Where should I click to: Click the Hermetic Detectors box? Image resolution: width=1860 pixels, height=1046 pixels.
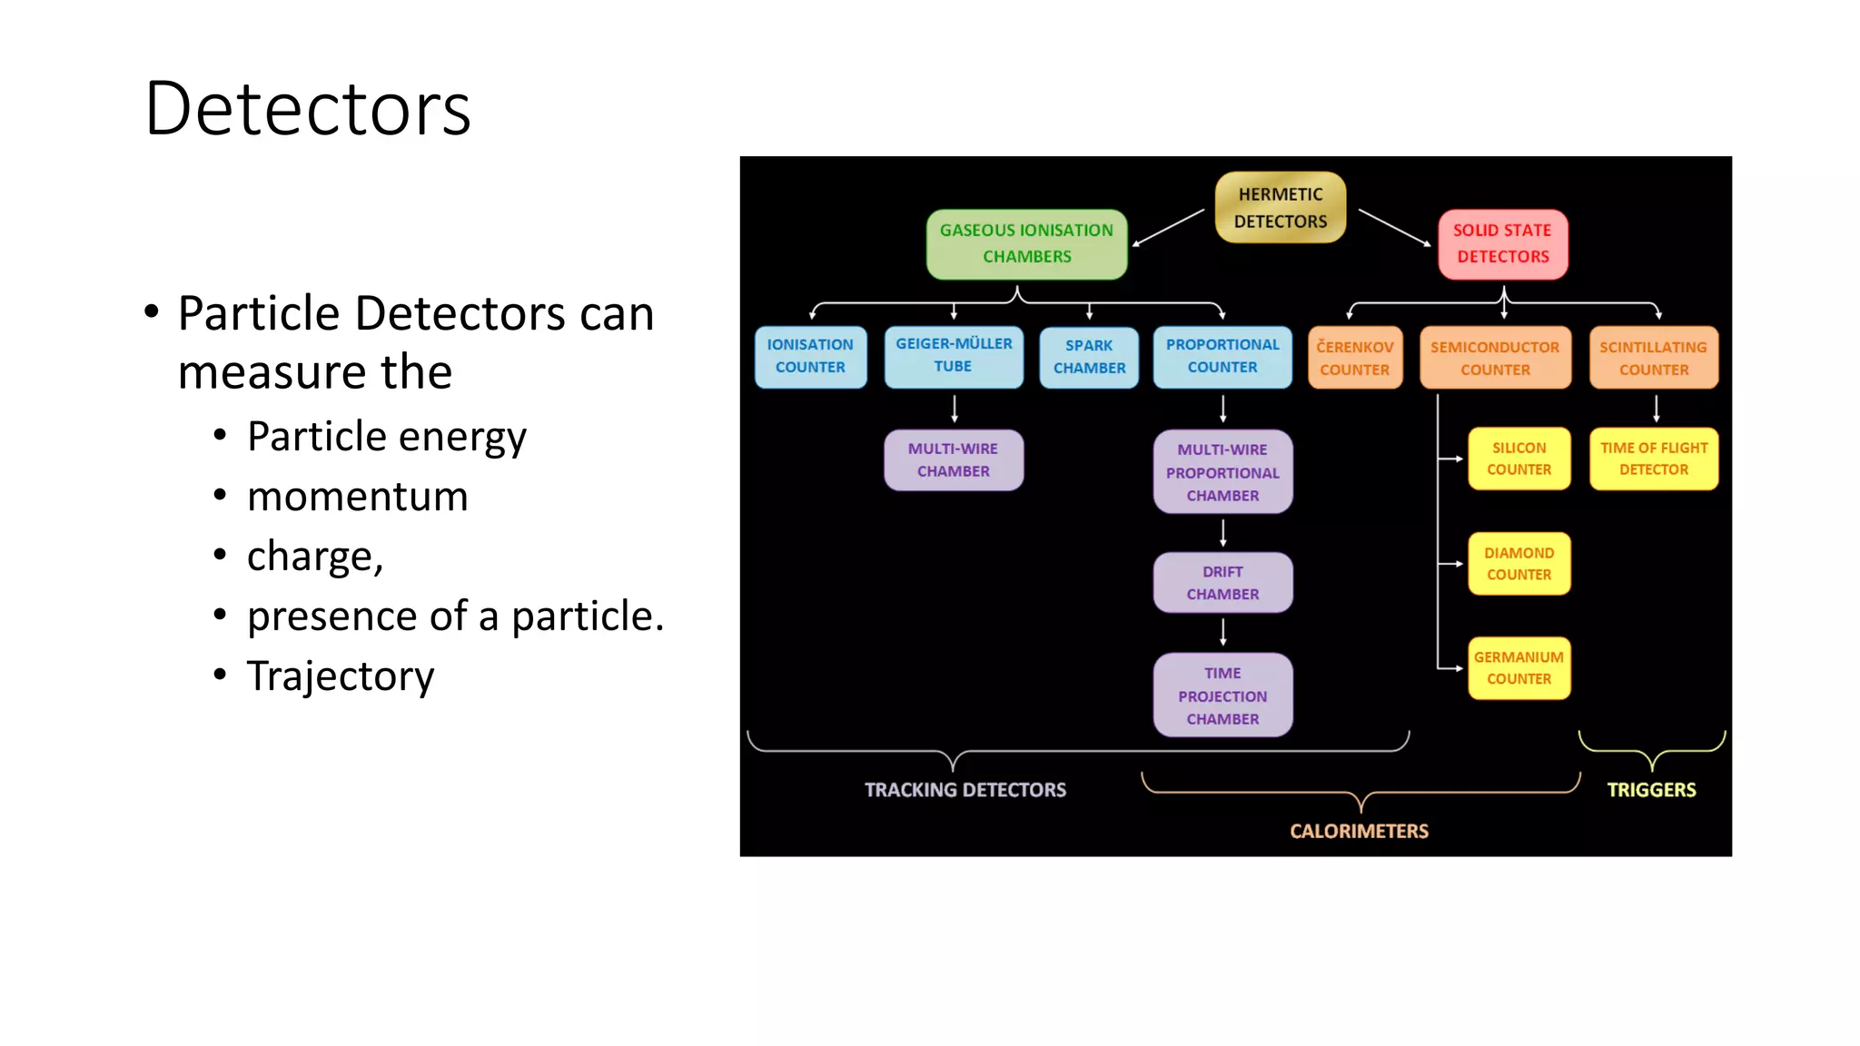pyautogui.click(x=1280, y=208)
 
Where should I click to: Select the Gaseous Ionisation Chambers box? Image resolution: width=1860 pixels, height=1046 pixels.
pyautogui.click(x=1026, y=243)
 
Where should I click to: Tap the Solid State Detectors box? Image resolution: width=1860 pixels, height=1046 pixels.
pyautogui.click(x=1502, y=243)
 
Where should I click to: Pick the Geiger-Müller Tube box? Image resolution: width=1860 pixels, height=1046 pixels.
pyautogui.click(x=954, y=356)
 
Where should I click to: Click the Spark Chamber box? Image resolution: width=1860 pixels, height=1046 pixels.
pyautogui.click(x=1089, y=357)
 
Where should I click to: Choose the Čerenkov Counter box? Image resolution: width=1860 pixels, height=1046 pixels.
pyautogui.click(x=1354, y=358)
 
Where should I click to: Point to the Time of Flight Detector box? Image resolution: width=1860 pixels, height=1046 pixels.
pyautogui.click(x=1653, y=459)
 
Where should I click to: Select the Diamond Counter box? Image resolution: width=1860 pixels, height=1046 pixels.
pyautogui.click(x=1519, y=564)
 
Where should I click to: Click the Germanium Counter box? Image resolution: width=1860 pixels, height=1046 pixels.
pyautogui.click(x=1519, y=668)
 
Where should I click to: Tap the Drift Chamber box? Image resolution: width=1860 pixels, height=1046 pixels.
pyautogui.click(x=1222, y=583)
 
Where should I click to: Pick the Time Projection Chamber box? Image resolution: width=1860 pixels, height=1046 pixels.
pyautogui.click(x=1222, y=696)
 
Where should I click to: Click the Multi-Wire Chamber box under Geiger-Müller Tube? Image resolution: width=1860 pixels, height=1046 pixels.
pyautogui.click(x=954, y=460)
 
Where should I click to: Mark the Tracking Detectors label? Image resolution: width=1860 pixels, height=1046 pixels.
pyautogui.click(x=965, y=790)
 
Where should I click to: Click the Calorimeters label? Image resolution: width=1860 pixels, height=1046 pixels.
pyautogui.click(x=1359, y=832)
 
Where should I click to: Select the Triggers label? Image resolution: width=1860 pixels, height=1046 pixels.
pyautogui.click(x=1651, y=790)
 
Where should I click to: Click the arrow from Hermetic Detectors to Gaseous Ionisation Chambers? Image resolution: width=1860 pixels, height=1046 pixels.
pyautogui.click(x=1168, y=228)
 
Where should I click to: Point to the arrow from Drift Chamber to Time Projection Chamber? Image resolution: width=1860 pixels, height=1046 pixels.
pyautogui.click(x=1223, y=632)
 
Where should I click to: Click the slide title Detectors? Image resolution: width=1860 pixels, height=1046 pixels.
pyautogui.click(x=308, y=109)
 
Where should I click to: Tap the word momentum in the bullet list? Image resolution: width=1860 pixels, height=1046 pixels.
pyautogui.click(x=357, y=497)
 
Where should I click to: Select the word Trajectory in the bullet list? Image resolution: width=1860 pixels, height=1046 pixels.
pyautogui.click(x=341, y=676)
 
